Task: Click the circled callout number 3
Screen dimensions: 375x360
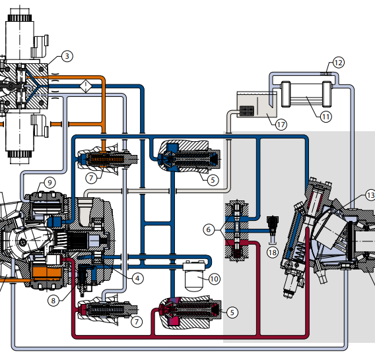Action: point(67,57)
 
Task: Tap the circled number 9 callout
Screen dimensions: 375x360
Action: point(50,183)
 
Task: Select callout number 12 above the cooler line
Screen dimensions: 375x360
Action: point(338,63)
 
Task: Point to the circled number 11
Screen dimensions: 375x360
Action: point(326,117)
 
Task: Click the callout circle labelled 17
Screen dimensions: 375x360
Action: point(281,125)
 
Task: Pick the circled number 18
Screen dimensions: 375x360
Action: point(273,253)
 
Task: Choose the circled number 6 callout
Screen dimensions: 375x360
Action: point(209,230)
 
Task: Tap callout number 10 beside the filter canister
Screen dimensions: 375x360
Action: point(215,279)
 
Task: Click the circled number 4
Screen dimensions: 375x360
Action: point(137,278)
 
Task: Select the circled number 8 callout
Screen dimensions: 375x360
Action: point(53,301)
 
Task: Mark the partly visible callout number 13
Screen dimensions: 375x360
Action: point(370,195)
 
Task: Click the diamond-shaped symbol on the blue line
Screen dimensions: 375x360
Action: point(86,86)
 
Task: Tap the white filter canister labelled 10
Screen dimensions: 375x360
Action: point(194,277)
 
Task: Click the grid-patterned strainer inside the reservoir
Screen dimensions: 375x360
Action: point(246,111)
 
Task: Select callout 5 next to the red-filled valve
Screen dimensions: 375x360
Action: point(232,313)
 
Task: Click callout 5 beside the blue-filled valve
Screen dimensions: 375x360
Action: point(213,180)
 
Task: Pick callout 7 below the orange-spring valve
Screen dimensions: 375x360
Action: point(91,178)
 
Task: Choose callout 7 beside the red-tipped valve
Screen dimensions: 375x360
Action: point(137,322)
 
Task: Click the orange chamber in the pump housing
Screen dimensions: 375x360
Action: point(47,273)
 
